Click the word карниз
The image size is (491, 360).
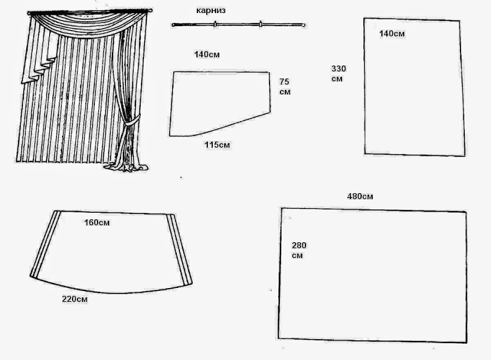tap(211, 10)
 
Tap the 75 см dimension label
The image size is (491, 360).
tap(285, 86)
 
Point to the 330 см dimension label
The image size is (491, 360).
tap(338, 73)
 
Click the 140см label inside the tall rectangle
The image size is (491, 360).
tap(392, 33)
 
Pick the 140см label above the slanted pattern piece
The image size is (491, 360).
tap(207, 55)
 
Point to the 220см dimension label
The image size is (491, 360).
tap(75, 299)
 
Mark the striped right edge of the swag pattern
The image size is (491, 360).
tap(180, 248)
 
